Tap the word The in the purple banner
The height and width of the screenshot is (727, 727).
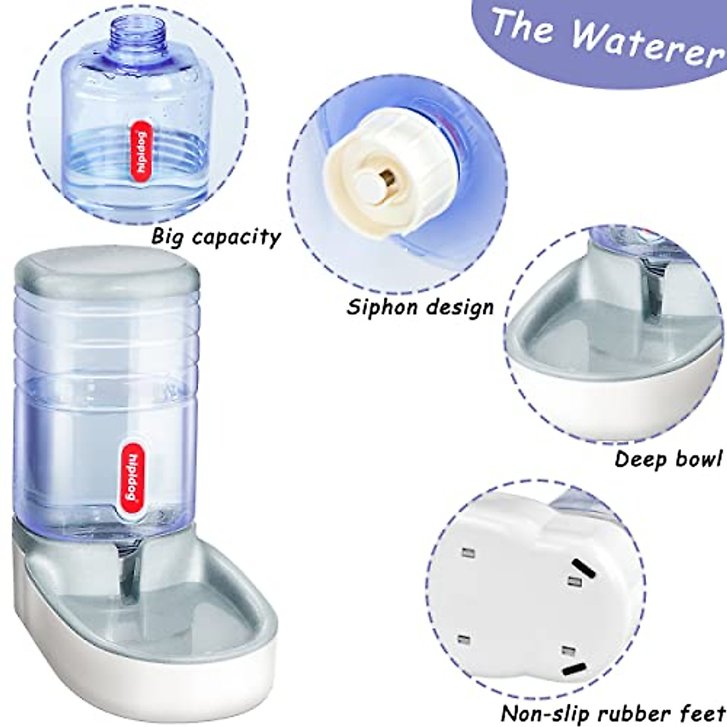[x=522, y=25]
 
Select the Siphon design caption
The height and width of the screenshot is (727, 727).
[x=420, y=307]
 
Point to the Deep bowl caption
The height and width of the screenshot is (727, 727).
[x=668, y=459]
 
